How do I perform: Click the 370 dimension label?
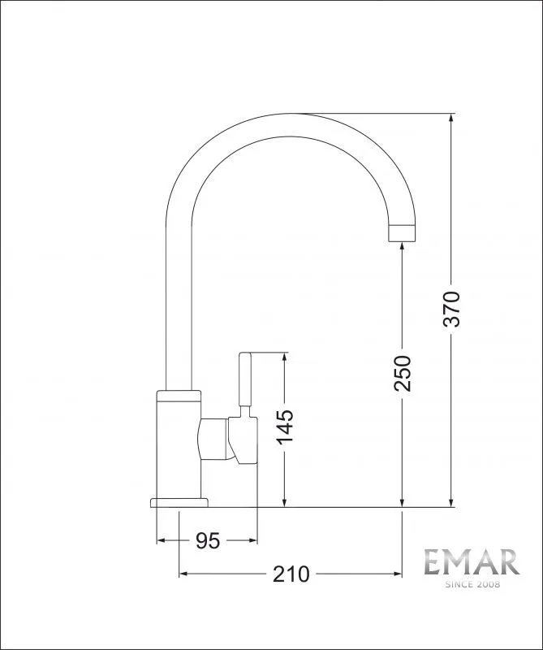[451, 310]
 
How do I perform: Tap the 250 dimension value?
[403, 373]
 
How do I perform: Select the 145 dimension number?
[285, 427]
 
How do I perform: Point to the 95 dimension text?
[208, 540]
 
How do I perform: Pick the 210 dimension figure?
[291, 574]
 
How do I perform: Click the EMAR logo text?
[472, 562]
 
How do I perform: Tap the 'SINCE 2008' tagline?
[472, 584]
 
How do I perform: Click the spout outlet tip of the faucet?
[401, 233]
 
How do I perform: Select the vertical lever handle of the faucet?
[245, 379]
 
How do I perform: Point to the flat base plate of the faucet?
[179, 502]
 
